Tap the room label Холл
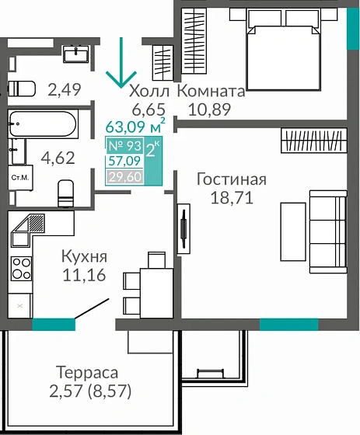(150, 90)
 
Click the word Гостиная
(231, 179)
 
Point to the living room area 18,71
(231, 198)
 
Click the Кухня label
(84, 256)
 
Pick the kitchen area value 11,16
(84, 274)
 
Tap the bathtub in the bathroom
(42, 123)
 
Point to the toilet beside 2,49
(21, 87)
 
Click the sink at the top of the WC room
(76, 53)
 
